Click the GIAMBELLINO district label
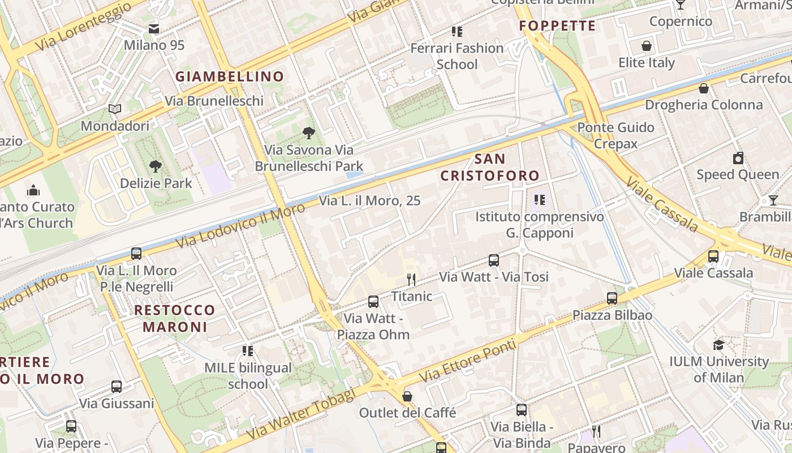point(229,76)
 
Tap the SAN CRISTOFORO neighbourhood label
point(490,167)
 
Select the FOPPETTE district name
point(557,26)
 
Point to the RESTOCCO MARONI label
point(175,318)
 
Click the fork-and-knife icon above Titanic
point(411,279)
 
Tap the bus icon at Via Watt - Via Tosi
point(494,260)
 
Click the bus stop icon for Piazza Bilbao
point(612,298)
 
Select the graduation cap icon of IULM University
point(718,345)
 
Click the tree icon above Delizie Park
point(156,166)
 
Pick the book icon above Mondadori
point(115,109)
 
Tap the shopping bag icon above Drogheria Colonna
point(704,88)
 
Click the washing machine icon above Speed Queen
point(738,158)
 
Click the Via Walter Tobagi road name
point(302,415)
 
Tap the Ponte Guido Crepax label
point(615,135)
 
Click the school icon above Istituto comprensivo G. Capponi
point(539,200)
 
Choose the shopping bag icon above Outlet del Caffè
point(407,396)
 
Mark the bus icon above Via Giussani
point(117,387)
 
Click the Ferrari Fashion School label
point(457,56)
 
